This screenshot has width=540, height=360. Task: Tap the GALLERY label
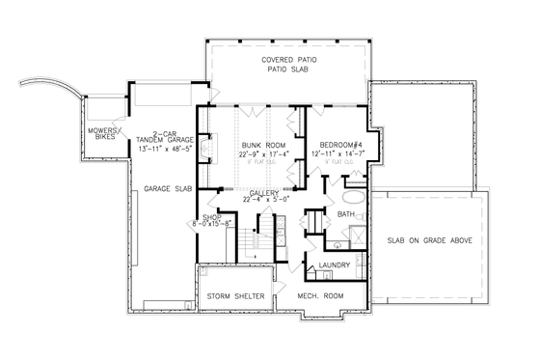tap(264, 193)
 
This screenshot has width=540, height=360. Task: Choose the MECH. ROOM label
tap(319, 295)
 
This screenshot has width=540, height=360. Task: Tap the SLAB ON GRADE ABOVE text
tap(430, 238)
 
